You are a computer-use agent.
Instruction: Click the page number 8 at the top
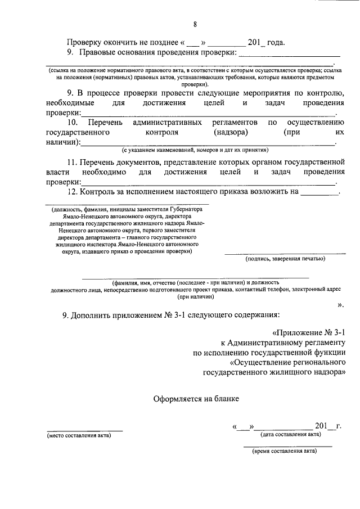[195, 24]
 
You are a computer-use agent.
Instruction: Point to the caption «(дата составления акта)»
[291, 434]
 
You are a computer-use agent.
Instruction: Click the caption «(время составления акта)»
[285, 451]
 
